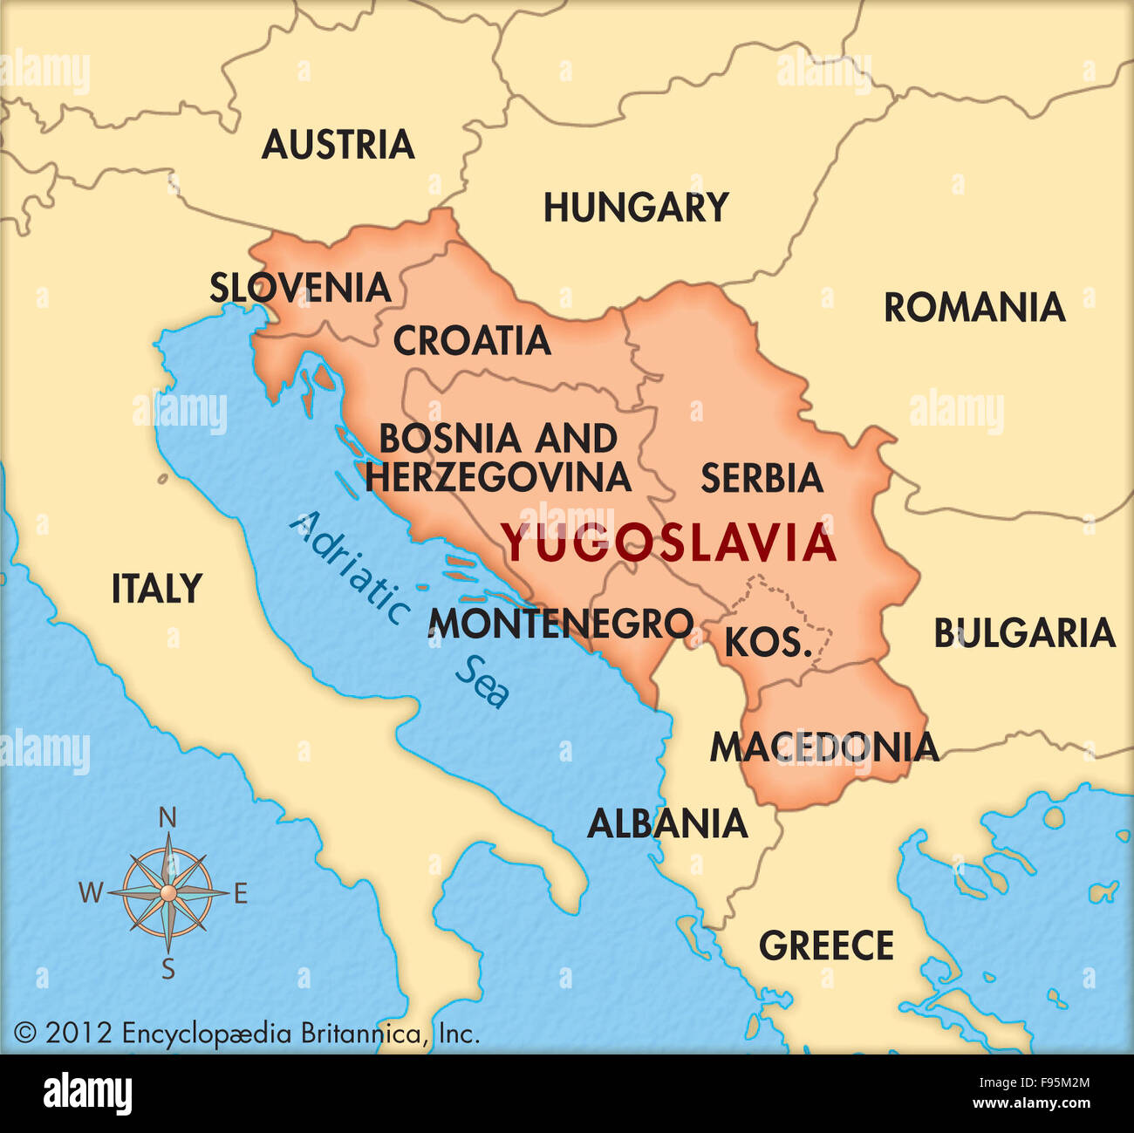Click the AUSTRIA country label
coord(338,145)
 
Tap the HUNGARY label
coord(636,208)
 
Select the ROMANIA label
coord(974,308)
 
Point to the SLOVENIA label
coord(300,288)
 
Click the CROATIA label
coord(471,341)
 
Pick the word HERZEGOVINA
coord(497,477)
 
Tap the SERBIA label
coord(762,478)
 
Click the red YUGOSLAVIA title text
coord(669,544)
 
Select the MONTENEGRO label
coord(561,624)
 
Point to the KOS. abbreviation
coord(769,643)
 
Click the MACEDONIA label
coord(823,747)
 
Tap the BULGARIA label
coord(1024,633)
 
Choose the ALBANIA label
coord(667,823)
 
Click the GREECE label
coord(826,945)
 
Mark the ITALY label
coord(157,589)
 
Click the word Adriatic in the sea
coord(350,568)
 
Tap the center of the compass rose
coord(168,891)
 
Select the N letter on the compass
coord(168,818)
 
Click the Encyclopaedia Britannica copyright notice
coord(247,1034)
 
